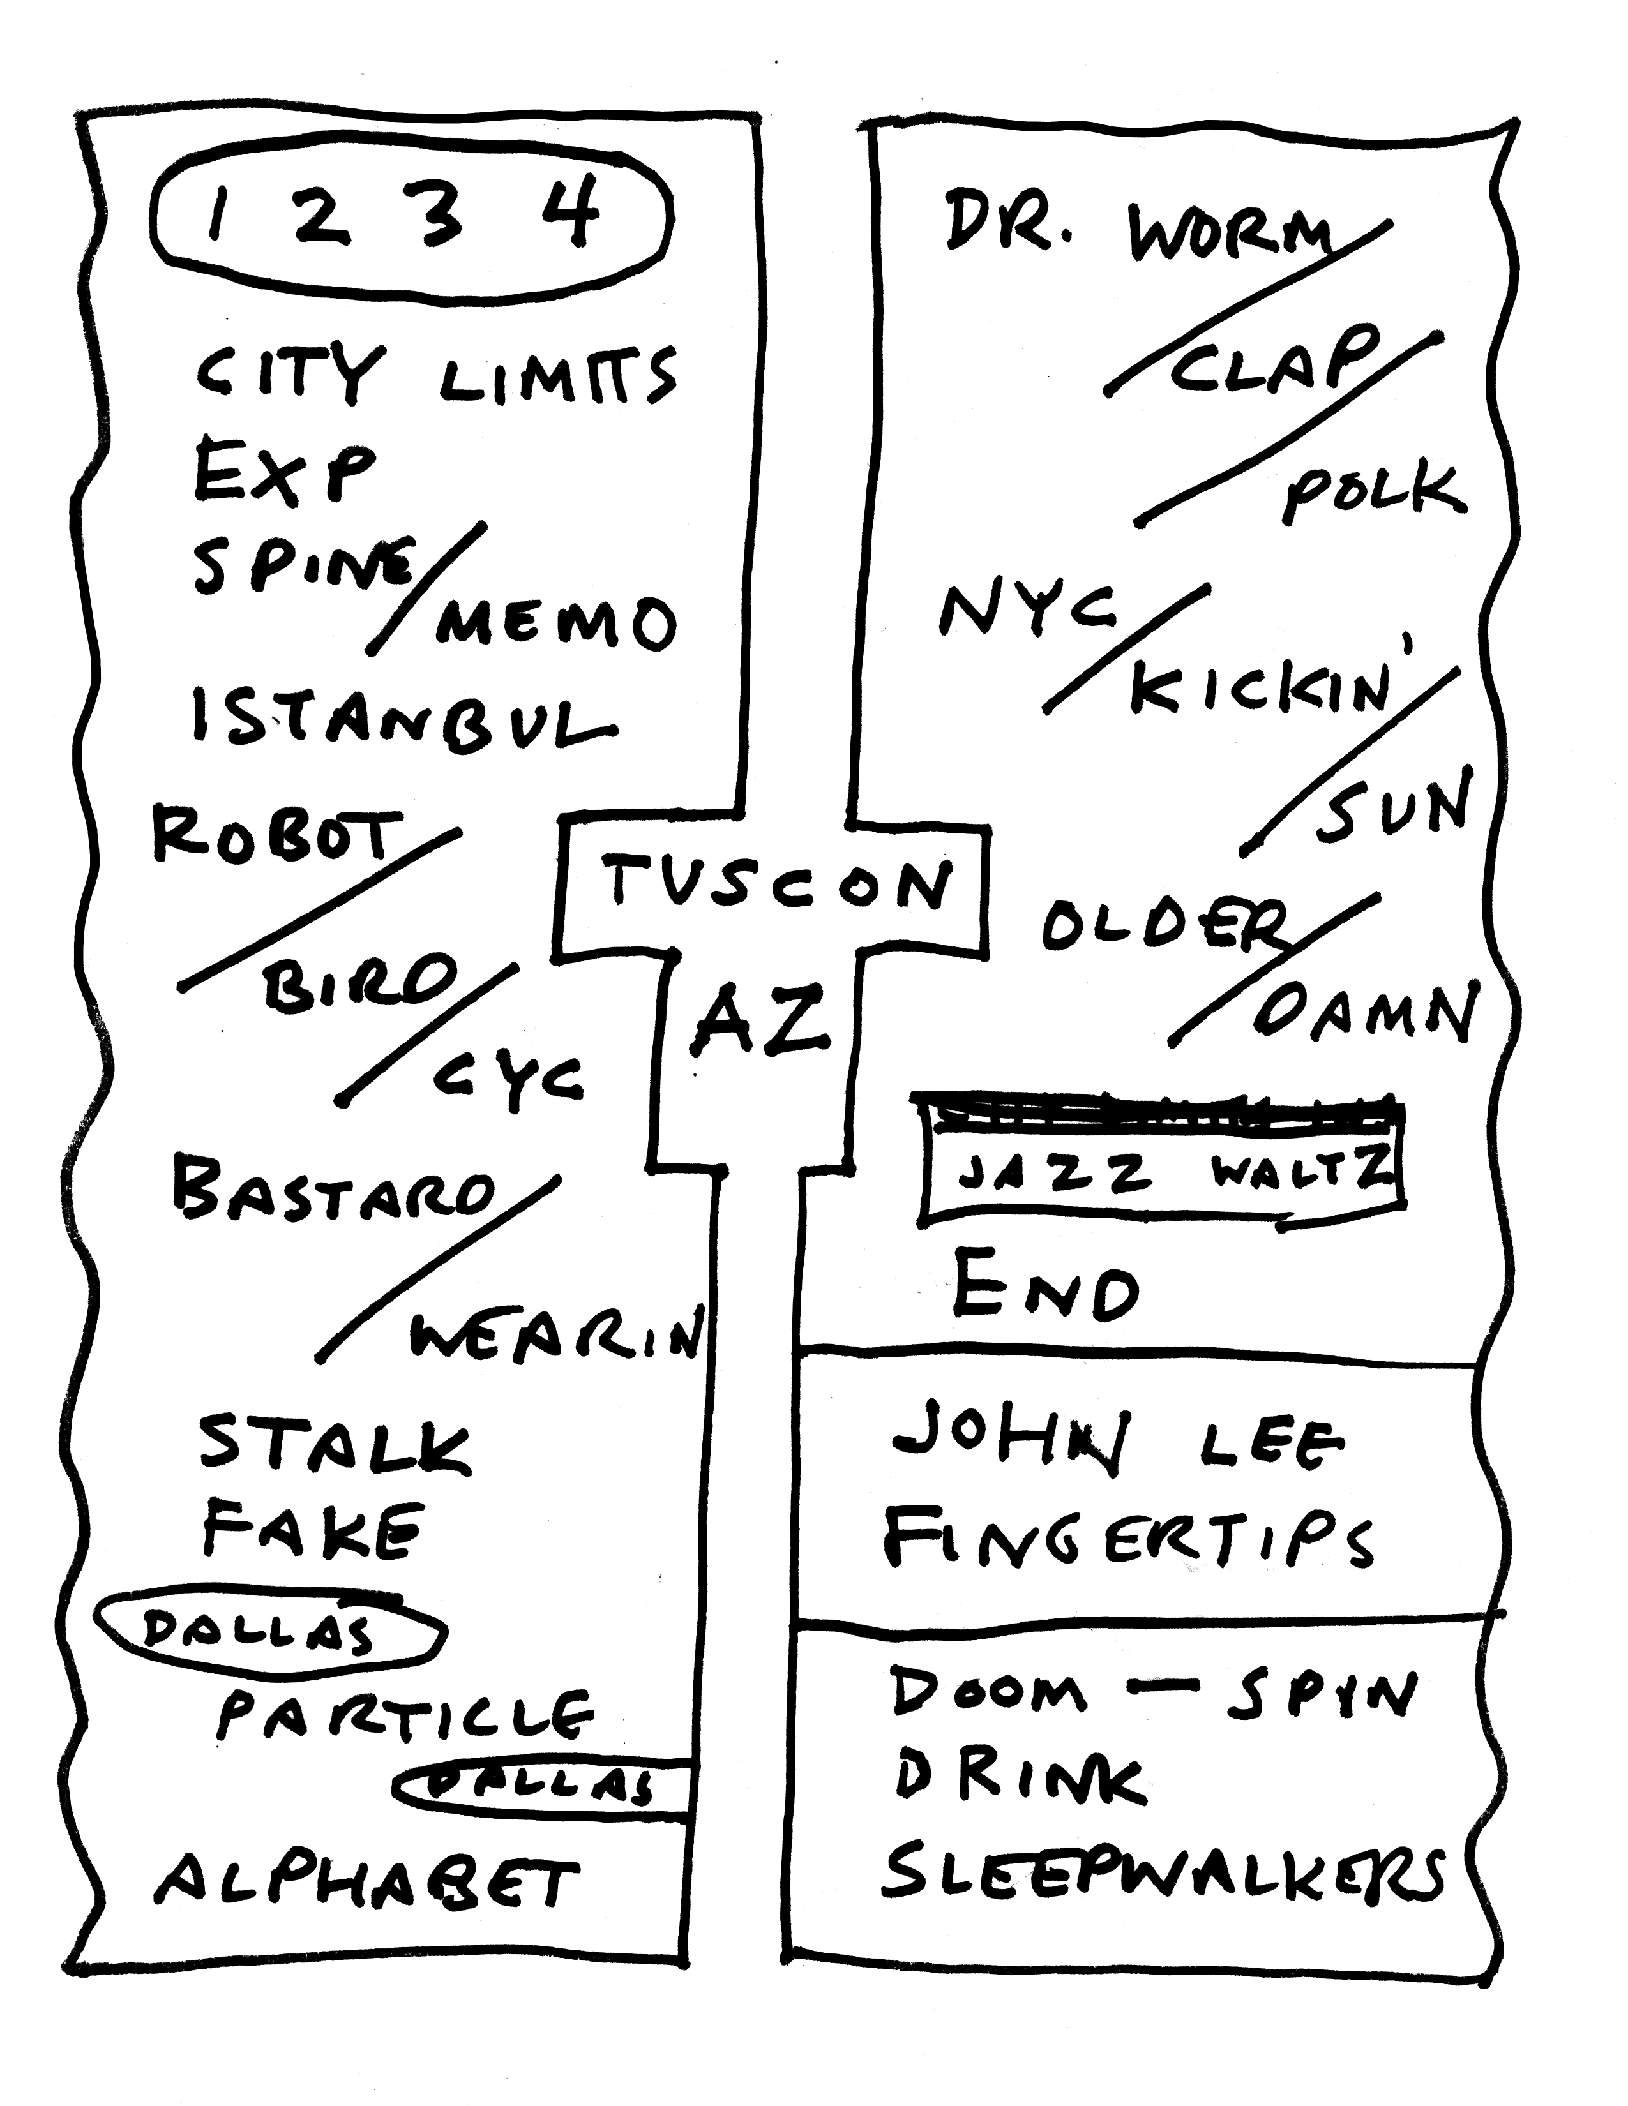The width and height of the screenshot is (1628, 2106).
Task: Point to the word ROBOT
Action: click(277, 836)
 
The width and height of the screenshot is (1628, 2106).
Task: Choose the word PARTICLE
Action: click(405, 1719)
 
